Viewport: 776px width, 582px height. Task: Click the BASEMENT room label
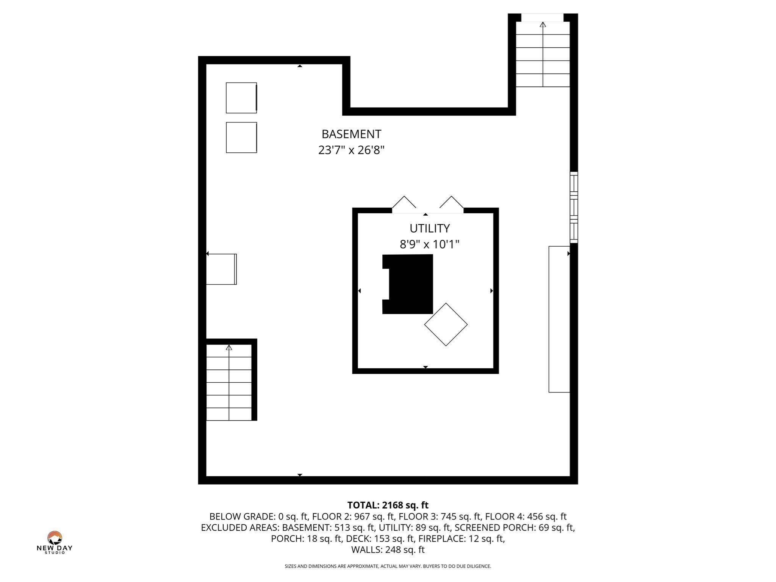pos(351,134)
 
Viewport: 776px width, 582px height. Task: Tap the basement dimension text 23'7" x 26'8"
pos(351,150)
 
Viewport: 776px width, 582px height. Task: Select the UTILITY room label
pos(430,228)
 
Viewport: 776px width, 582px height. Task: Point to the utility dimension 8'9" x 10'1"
pos(430,244)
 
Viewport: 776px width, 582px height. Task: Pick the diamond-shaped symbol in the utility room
pos(446,324)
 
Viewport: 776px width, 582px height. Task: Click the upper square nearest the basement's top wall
pos(241,98)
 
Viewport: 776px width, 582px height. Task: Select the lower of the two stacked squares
pos(241,138)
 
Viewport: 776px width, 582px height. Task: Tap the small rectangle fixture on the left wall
pos(221,269)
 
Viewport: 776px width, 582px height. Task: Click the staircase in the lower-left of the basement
pos(229,382)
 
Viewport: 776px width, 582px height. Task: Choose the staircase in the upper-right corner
pos(543,54)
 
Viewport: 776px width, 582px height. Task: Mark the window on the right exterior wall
pos(574,207)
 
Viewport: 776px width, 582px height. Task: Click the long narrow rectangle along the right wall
pos(559,319)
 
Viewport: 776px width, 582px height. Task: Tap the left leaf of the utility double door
pos(404,202)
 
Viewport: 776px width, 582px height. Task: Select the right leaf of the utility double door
pos(451,202)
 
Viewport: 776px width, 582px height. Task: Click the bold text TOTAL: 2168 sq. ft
pos(388,505)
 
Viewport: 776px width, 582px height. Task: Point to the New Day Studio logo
pos(55,543)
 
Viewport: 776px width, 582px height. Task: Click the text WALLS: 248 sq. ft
pos(388,549)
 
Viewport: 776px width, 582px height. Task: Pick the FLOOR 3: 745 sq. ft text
pos(439,516)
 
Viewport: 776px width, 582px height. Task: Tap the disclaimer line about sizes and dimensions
pos(388,566)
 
